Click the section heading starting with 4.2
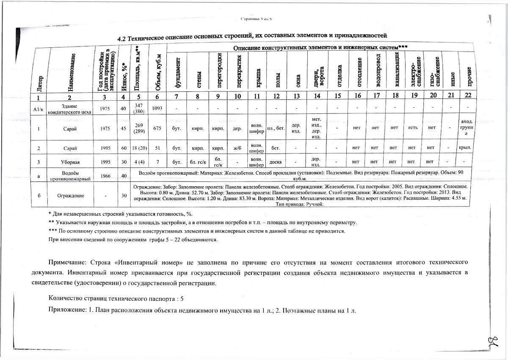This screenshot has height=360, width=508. tap(252, 37)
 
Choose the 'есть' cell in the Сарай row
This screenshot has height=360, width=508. tap(414, 129)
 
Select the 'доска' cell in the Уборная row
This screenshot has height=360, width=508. tap(276, 162)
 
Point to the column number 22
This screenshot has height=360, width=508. tap(468, 96)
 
